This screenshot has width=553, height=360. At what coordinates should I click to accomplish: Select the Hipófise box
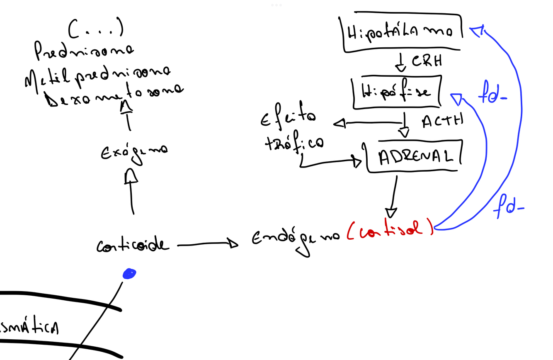point(396,92)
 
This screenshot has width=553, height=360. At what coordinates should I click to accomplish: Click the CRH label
point(427,61)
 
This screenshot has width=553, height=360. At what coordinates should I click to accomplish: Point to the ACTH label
point(442,122)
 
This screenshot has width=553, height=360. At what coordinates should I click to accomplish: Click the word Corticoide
point(133,246)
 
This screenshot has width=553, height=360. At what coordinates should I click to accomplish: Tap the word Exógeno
point(133,151)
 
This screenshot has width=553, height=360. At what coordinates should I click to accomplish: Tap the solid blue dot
point(129,274)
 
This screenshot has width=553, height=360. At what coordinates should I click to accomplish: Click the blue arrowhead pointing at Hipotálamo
point(476,31)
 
